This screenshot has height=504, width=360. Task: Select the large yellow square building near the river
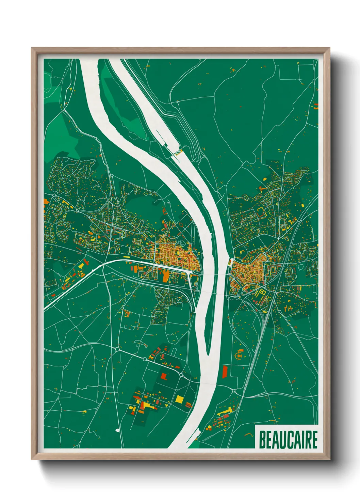(x=179, y=398)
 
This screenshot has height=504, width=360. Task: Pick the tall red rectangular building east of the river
(x=225, y=372)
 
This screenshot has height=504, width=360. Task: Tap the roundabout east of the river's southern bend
(x=234, y=390)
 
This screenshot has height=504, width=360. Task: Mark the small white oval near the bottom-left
(x=117, y=430)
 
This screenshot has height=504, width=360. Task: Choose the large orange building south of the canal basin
(x=165, y=275)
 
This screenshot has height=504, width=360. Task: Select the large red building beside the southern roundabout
(x=164, y=376)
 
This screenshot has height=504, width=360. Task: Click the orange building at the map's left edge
(x=45, y=202)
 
